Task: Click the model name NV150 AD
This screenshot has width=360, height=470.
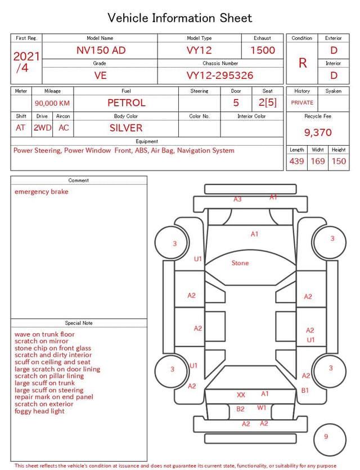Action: pyautogui.click(x=101, y=50)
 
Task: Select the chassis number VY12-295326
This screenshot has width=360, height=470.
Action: pyautogui.click(x=220, y=75)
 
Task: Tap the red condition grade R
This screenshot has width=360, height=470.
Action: pyautogui.click(x=303, y=63)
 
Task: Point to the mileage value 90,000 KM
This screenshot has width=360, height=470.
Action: pyautogui.click(x=52, y=104)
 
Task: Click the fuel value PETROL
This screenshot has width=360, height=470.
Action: pyautogui.click(x=127, y=103)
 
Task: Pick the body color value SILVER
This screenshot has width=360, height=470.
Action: pyautogui.click(x=126, y=128)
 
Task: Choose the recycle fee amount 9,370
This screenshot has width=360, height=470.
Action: pyautogui.click(x=318, y=132)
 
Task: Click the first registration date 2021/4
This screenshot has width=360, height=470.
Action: pyautogui.click(x=26, y=62)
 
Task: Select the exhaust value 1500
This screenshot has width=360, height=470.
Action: pyautogui.click(x=263, y=50)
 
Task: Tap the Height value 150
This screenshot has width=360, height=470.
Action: pyautogui.click(x=339, y=161)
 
